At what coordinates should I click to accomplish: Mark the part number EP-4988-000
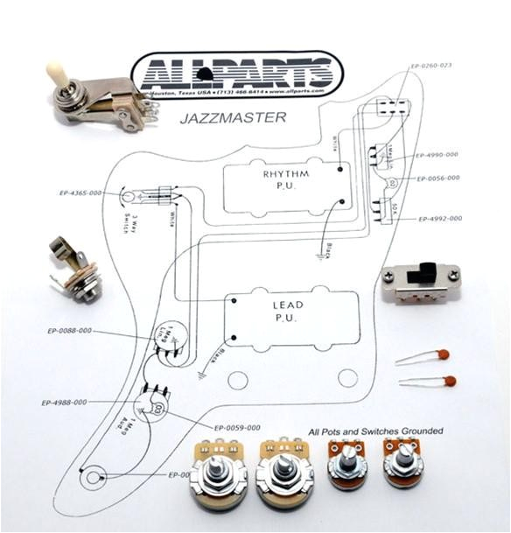coord(64,403)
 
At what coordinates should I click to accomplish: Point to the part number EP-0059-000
coord(237,428)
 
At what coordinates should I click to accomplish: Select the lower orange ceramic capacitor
coord(448,382)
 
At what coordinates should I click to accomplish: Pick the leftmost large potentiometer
coord(218,478)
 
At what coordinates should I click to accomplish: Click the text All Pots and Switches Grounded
coord(375,431)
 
